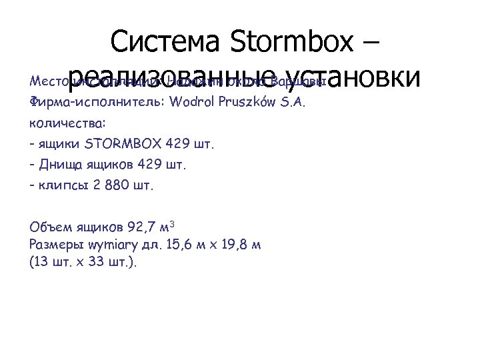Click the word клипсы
(65, 184)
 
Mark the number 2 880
(112, 184)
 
